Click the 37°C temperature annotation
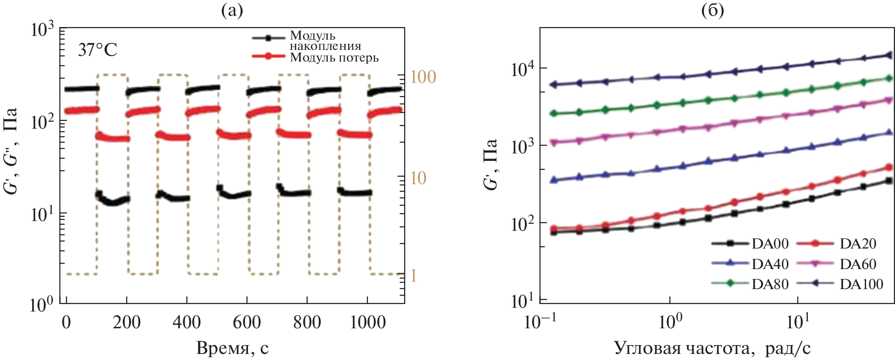point(97,49)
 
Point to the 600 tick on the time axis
point(247,322)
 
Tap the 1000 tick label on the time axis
point(367,322)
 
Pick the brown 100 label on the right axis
point(423,77)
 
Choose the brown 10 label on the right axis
point(418,178)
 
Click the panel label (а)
point(232,10)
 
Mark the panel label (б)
point(713,10)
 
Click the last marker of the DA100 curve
point(888,55)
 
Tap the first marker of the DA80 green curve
point(554,113)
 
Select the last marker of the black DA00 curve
point(888,180)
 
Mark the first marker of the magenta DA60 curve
point(554,143)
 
